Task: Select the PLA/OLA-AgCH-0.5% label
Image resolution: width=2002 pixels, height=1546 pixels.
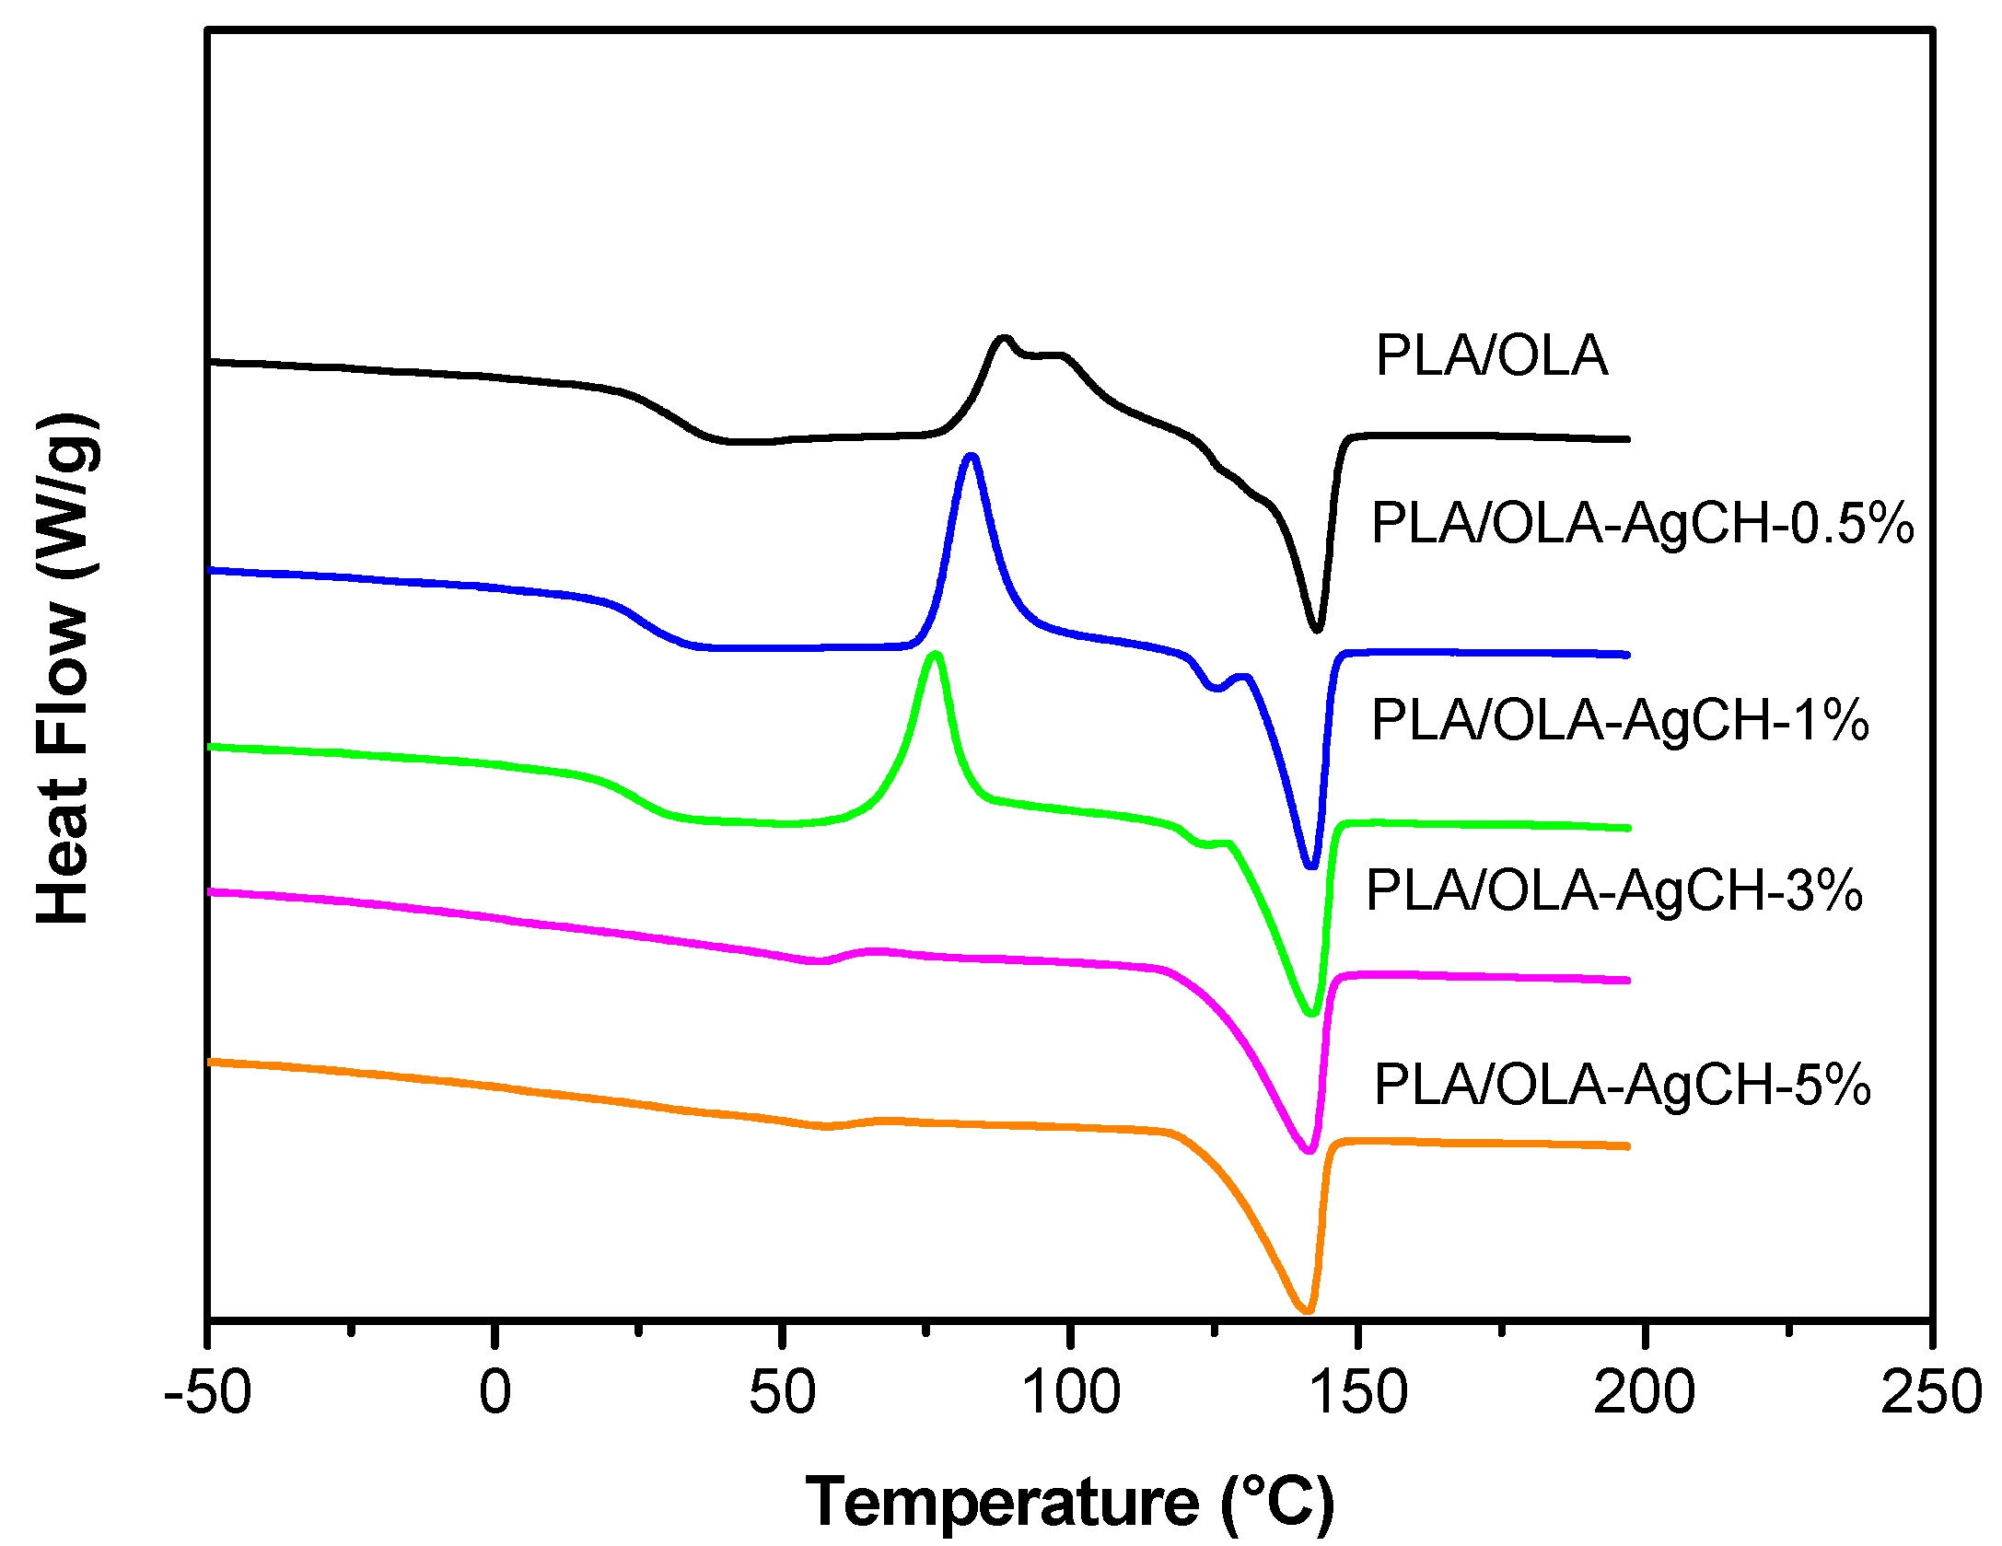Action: (x=1642, y=524)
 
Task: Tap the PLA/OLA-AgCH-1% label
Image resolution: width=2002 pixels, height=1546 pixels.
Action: (x=1620, y=720)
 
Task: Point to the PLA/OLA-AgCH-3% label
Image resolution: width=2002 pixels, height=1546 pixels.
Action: (x=1614, y=890)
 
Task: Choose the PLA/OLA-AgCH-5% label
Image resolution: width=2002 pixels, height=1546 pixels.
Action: (x=1622, y=1085)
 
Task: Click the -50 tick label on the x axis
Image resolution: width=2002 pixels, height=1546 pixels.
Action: (x=208, y=1392)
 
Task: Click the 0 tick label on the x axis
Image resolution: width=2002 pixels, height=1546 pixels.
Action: (x=495, y=1392)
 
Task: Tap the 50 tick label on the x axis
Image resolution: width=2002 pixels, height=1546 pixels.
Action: (x=782, y=1392)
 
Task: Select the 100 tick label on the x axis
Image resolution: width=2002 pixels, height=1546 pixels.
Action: (x=1070, y=1392)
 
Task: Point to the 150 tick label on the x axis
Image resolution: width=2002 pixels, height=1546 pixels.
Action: (x=1357, y=1392)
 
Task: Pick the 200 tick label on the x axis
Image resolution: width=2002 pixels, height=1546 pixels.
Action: (x=1644, y=1392)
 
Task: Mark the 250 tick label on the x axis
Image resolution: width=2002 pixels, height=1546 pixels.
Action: (x=1930, y=1392)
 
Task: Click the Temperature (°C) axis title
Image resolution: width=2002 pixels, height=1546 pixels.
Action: (x=1069, y=1503)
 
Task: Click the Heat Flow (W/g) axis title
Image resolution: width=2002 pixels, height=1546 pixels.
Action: (x=64, y=669)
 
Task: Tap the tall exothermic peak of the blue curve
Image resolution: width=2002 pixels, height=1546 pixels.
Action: (x=970, y=458)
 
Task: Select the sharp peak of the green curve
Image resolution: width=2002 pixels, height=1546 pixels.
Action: (x=936, y=656)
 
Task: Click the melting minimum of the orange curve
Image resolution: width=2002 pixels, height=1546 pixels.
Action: (x=1306, y=1309)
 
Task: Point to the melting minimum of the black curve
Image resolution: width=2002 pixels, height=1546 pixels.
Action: (x=1317, y=629)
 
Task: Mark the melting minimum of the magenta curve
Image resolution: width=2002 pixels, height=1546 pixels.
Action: (x=1309, y=1149)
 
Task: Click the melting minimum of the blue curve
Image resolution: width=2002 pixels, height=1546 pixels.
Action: (x=1312, y=865)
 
